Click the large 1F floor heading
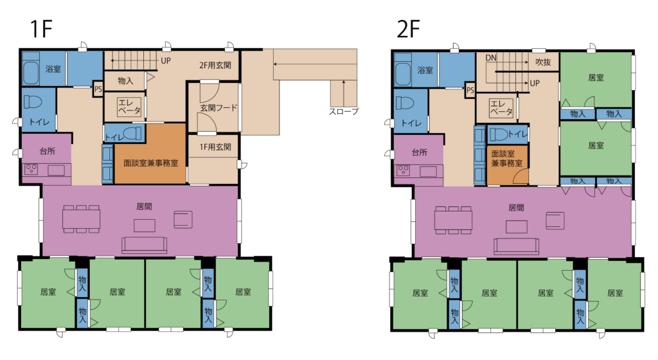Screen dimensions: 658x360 coord(40,28)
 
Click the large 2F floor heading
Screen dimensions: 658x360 coord(408,28)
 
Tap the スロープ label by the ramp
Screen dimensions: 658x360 coord(344,112)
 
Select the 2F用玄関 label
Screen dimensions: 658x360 coord(215,65)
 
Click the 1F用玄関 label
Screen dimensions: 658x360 coord(215,147)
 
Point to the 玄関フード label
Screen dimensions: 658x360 coord(218,108)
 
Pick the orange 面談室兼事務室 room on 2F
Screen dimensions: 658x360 coord(507,165)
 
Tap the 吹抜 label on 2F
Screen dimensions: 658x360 coord(543,62)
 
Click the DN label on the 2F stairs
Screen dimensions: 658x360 coord(491,58)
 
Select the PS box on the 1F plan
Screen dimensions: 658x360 coord(98,89)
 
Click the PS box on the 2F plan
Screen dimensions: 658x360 coord(470,90)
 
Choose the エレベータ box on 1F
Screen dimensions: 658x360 coord(129,107)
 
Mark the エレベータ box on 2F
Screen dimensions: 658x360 coord(501,108)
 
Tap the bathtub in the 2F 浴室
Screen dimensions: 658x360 coord(403,73)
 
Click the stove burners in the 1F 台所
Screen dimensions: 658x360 coord(31,169)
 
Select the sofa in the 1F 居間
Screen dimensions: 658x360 coord(144,245)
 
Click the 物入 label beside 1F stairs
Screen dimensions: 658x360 coord(125,81)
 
